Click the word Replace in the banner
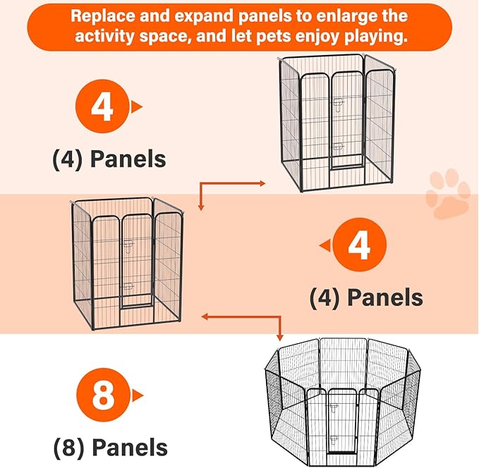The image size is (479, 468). (x=103, y=16)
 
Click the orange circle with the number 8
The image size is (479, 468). (x=103, y=395)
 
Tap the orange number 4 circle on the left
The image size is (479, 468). (x=102, y=106)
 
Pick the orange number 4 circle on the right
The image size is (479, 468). (x=360, y=245)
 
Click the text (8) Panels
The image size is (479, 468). (x=111, y=448)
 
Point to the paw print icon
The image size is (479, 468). (x=448, y=194)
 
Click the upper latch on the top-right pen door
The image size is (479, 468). (x=339, y=104)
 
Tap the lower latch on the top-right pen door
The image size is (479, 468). (x=338, y=147)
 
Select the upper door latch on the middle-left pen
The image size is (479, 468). (x=128, y=245)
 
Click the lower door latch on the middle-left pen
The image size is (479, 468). (x=128, y=286)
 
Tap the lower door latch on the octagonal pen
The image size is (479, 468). (x=334, y=440)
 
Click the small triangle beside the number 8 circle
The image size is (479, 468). (x=138, y=395)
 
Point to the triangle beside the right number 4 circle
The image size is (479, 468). (x=325, y=245)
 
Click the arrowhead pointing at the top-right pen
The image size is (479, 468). (x=262, y=183)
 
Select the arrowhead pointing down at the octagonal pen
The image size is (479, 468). (x=279, y=338)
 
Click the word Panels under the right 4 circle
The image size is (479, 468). (x=385, y=297)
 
